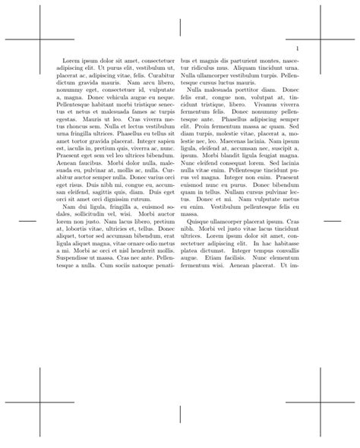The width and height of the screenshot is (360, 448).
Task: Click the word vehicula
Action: pyautogui.click(x=115, y=98)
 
